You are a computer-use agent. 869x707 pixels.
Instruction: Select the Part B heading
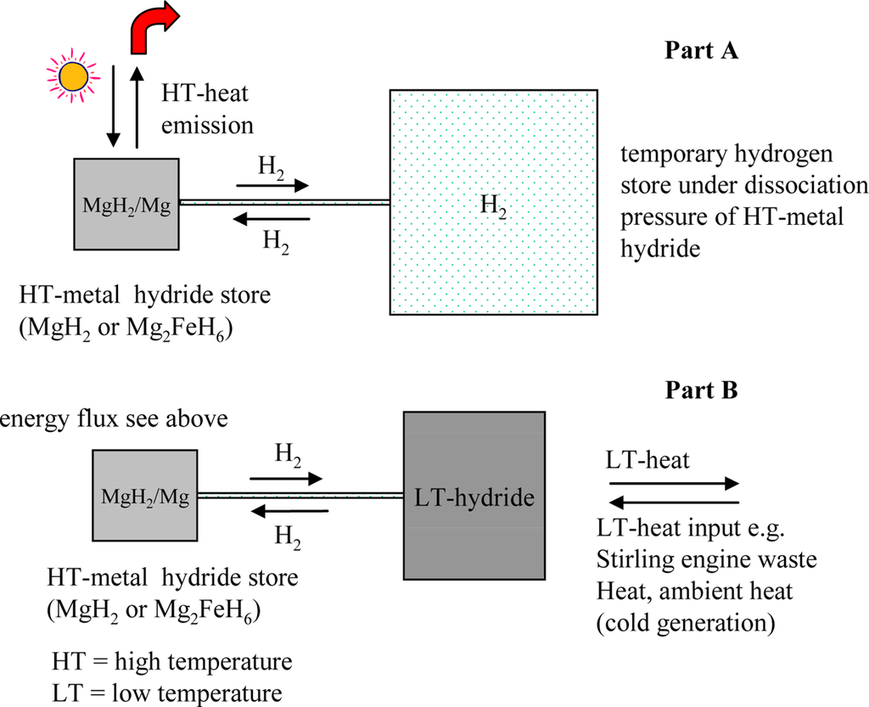click(x=702, y=391)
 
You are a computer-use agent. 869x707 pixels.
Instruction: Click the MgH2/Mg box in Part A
click(x=126, y=205)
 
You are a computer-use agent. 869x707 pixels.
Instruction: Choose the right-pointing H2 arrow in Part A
click(x=272, y=183)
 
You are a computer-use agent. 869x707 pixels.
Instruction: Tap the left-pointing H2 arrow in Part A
click(x=272, y=219)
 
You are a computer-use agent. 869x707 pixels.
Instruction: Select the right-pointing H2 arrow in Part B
click(x=286, y=479)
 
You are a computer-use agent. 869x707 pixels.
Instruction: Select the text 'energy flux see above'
click(x=115, y=420)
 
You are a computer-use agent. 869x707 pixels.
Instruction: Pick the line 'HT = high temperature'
click(x=171, y=660)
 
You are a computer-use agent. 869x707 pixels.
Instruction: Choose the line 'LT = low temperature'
click(x=167, y=692)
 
